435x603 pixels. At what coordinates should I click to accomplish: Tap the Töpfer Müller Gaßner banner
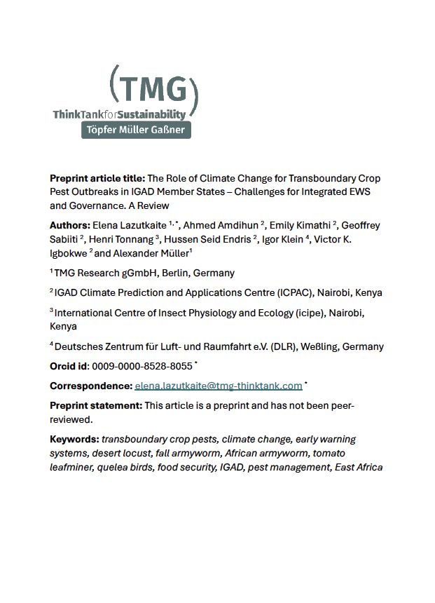pyautogui.click(x=136, y=130)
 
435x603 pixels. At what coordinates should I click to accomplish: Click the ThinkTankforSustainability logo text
pyautogui.click(x=119, y=114)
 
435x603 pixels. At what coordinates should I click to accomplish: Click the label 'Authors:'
pyautogui.click(x=69, y=225)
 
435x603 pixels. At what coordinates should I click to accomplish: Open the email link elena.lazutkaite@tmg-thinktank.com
pyautogui.click(x=219, y=386)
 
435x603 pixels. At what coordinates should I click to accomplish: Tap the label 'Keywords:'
pyautogui.click(x=74, y=439)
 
